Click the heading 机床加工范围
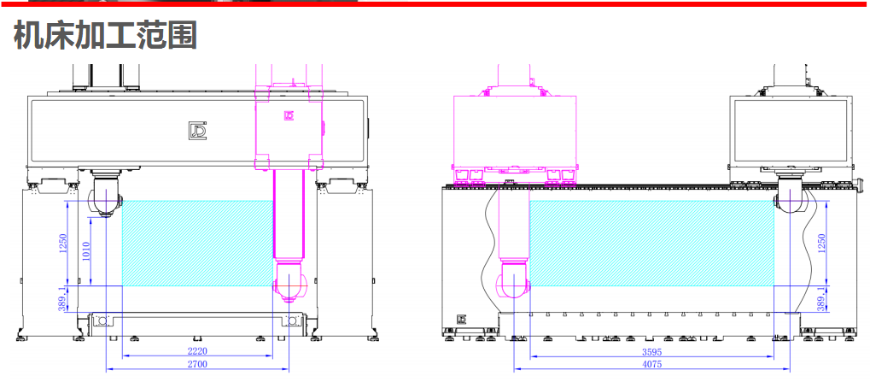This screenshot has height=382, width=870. click(105, 36)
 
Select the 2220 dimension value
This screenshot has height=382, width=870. click(197, 351)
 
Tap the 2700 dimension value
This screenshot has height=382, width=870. click(197, 364)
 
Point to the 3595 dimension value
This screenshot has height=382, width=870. click(652, 352)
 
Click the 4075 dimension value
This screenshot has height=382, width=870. click(652, 365)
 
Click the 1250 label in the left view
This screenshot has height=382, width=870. click(62, 244)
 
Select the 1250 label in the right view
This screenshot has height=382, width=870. click(821, 244)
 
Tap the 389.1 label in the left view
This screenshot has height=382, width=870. click(62, 299)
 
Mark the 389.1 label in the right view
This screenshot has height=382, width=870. click(821, 299)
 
